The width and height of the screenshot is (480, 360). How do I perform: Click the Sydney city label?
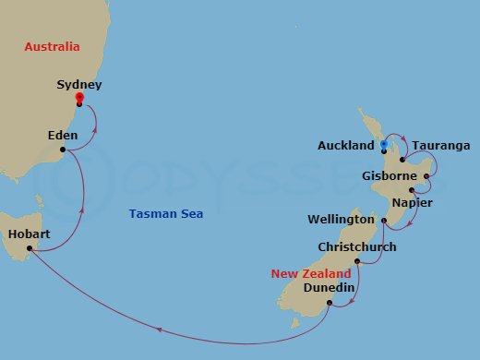click(78, 84)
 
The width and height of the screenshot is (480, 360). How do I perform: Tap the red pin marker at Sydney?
click(79, 98)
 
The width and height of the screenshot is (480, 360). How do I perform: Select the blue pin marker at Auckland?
click(384, 145)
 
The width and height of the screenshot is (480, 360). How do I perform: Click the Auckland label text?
click(345, 146)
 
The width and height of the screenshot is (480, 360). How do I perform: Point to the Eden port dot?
click(62, 150)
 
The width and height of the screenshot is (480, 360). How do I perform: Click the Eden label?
click(62, 136)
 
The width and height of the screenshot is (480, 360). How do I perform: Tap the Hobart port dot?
click(30, 248)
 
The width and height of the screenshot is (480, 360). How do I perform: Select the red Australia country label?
click(52, 46)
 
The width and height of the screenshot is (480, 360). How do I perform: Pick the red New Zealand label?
click(311, 274)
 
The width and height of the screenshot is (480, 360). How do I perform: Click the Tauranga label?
click(441, 146)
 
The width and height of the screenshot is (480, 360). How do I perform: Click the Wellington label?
click(342, 220)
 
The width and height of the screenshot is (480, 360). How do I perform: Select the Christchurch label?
click(356, 247)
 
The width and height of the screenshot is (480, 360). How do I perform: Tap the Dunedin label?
click(329, 288)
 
